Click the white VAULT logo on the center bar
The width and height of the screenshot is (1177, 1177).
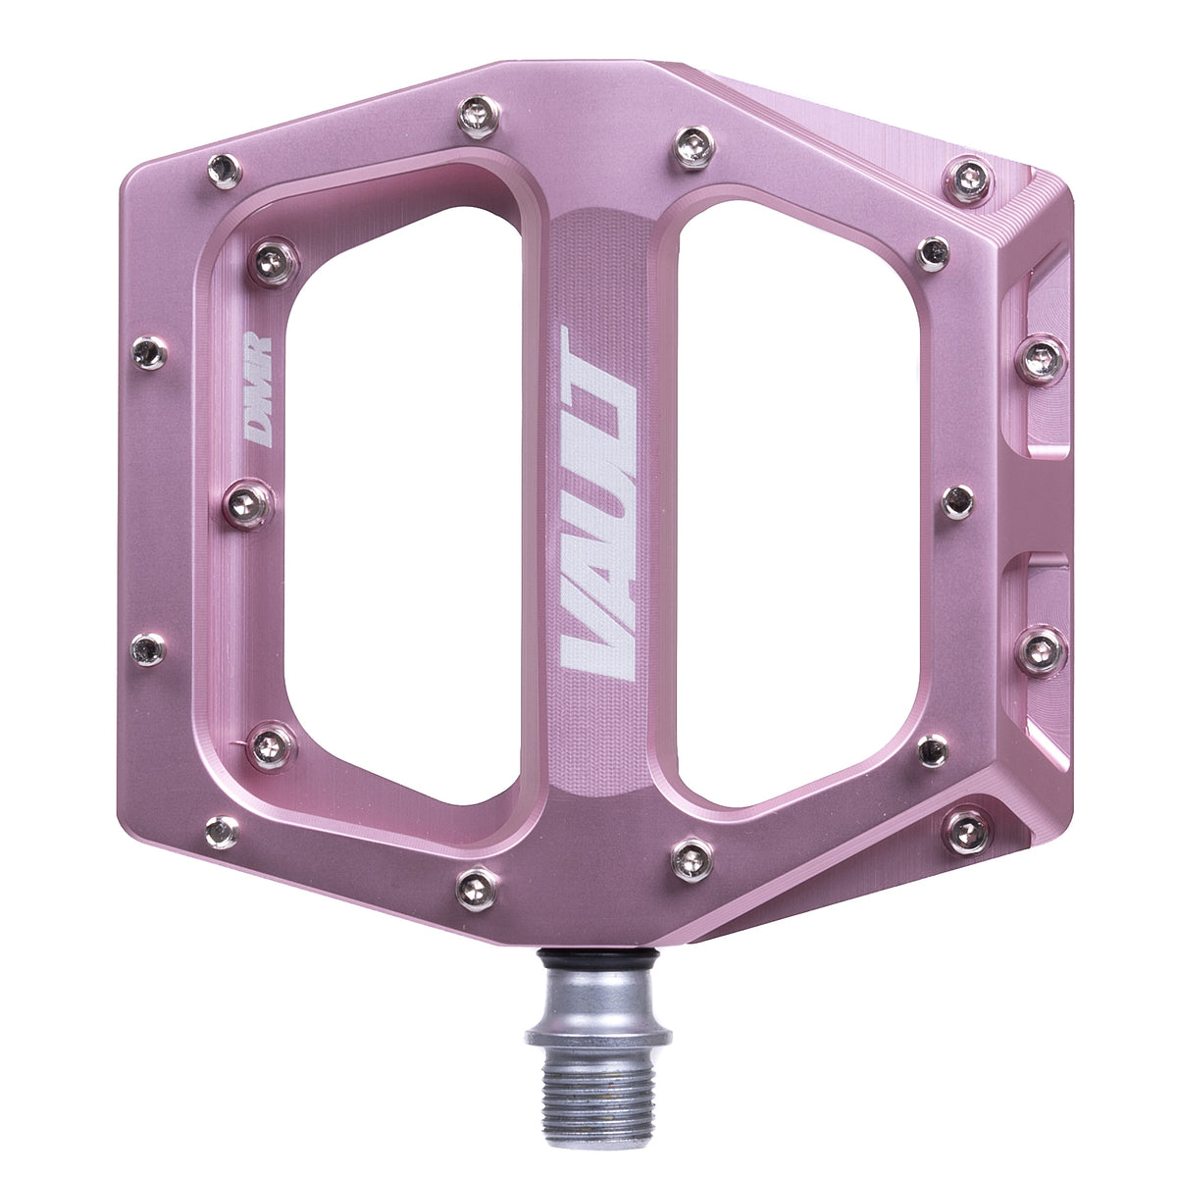[598, 503]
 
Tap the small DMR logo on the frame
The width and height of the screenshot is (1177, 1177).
[257, 388]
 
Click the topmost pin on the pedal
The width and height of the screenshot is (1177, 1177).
[479, 118]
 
